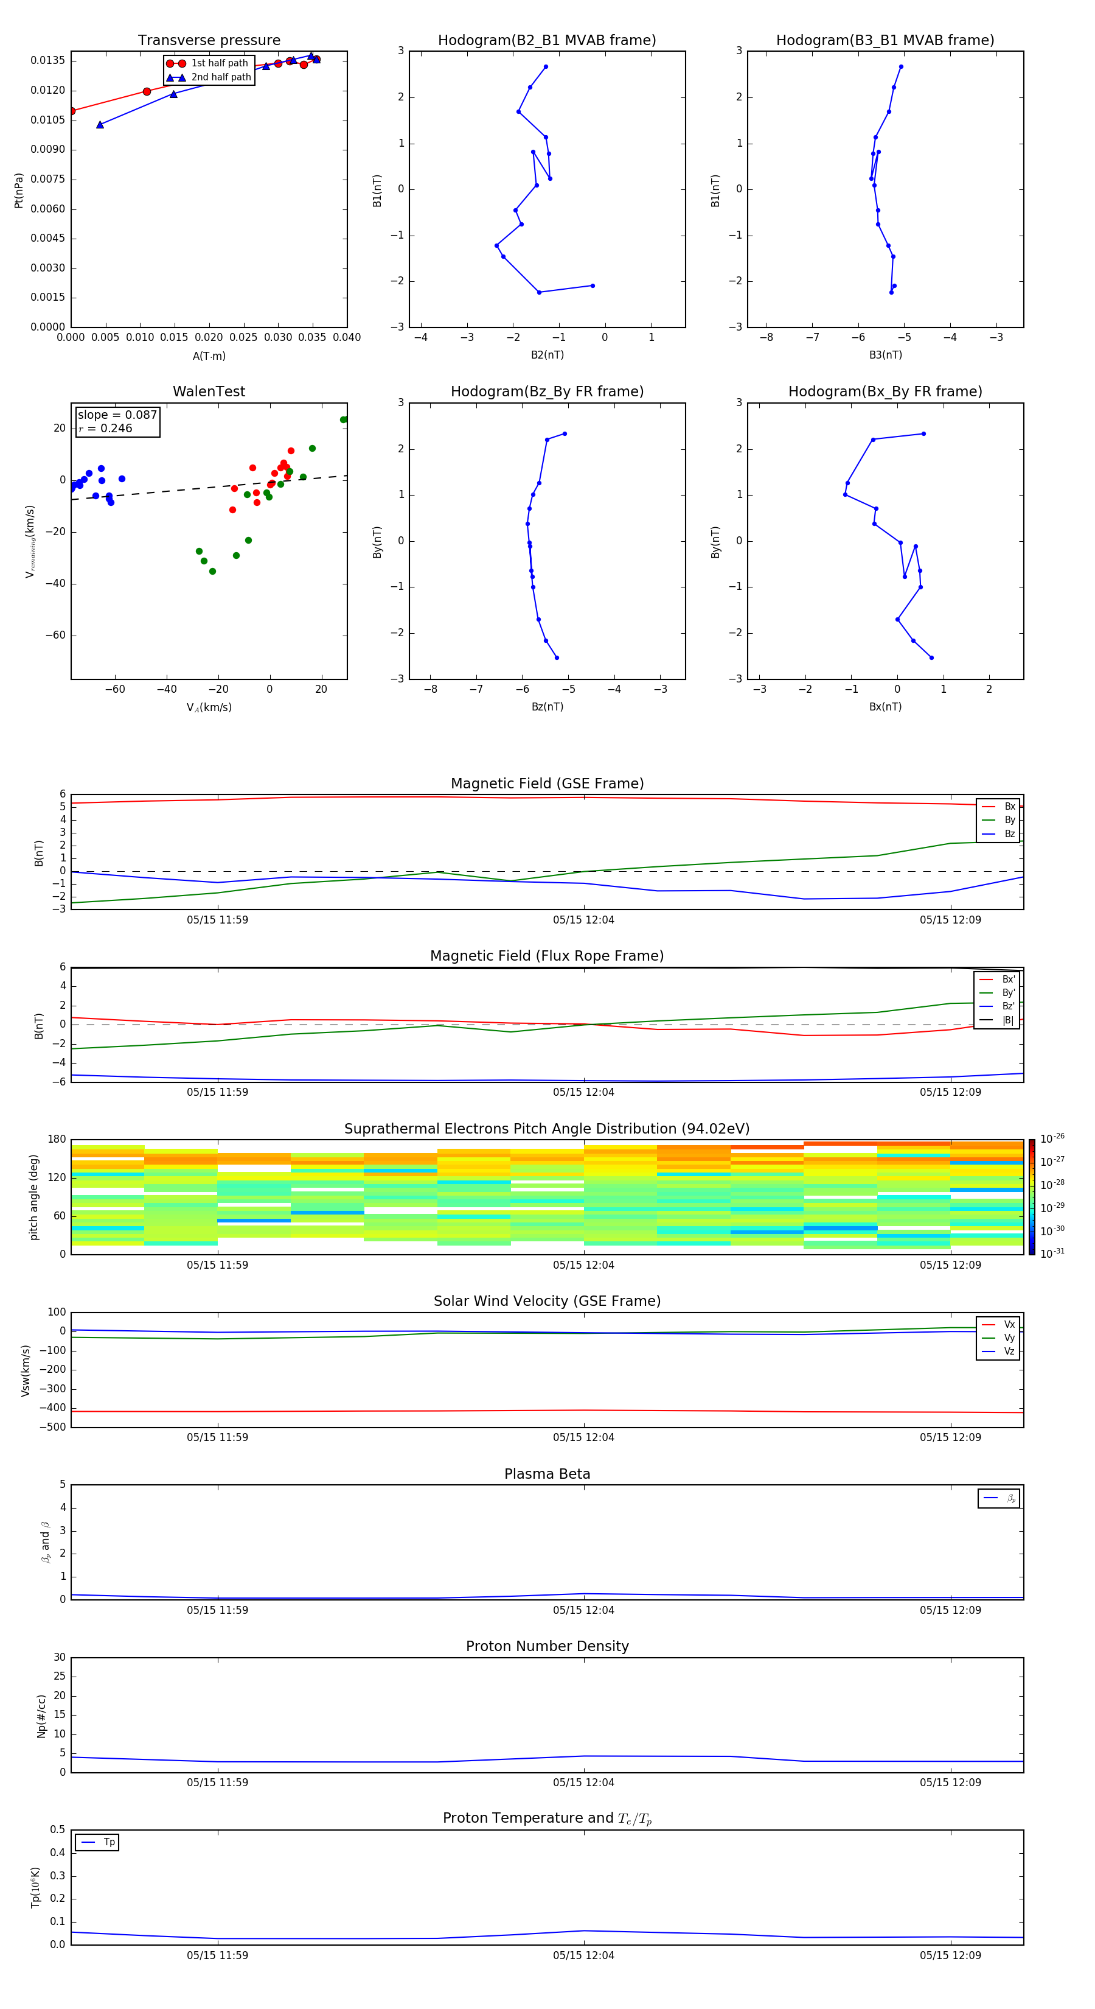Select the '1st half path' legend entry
click(219, 63)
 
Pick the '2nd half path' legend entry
click(221, 77)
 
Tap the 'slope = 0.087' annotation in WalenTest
click(117, 415)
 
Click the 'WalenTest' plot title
click(209, 391)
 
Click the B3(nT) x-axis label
click(885, 355)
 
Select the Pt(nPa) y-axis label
click(19, 191)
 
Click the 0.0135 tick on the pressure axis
click(47, 61)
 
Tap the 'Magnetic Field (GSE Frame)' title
click(547, 784)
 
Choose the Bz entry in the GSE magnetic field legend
click(1009, 833)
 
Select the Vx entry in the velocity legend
click(1009, 1324)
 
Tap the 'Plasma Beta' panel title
click(547, 1474)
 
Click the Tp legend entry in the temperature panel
click(108, 1842)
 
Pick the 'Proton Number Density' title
click(547, 1646)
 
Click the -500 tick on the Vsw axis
click(53, 1427)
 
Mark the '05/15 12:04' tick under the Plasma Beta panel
click(584, 1610)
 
